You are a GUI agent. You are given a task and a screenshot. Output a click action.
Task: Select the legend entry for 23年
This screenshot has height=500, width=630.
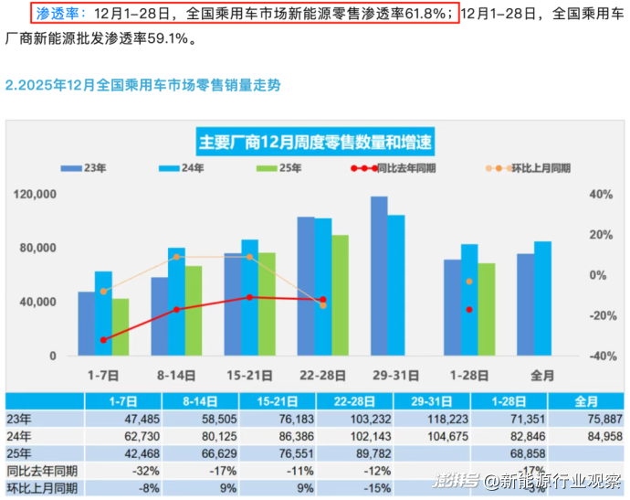[x=87, y=168]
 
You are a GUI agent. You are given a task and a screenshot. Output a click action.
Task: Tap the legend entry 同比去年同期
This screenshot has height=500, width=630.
[x=393, y=168]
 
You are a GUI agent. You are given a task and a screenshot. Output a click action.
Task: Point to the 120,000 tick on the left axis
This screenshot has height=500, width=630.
[x=36, y=195]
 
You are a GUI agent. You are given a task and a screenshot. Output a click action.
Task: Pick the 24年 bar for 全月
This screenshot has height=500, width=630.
[x=542, y=298]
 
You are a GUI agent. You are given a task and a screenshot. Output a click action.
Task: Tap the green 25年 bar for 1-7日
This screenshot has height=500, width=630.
[x=120, y=326]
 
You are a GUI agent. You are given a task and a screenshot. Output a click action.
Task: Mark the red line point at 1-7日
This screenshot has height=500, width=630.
[x=103, y=339]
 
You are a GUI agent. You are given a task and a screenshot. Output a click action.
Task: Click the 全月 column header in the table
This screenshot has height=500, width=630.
[x=585, y=401]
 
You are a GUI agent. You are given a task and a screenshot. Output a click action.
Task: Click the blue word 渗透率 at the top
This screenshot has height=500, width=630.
[x=55, y=15]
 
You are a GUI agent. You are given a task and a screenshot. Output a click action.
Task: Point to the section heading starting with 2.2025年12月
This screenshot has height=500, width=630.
[x=142, y=85]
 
